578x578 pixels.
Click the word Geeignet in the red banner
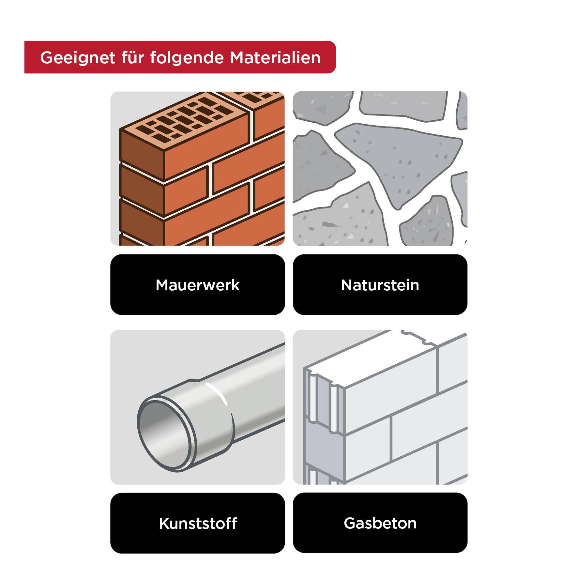(78, 58)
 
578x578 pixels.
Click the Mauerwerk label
(198, 285)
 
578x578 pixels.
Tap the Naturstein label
(380, 285)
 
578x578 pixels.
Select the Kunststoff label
(198, 523)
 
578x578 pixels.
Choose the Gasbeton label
(380, 523)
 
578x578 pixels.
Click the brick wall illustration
(198, 169)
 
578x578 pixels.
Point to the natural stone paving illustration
(380, 169)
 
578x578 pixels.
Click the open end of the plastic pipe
(165, 435)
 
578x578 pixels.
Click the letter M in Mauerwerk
(162, 285)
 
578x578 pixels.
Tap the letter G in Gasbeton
(350, 523)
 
